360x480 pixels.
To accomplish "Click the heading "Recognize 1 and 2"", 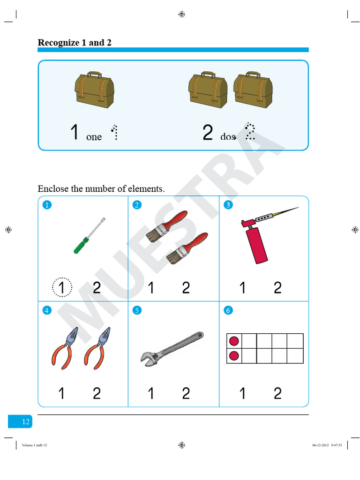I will [75, 43].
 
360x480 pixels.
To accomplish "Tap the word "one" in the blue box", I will [94, 137].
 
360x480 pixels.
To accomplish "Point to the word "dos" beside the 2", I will [228, 137].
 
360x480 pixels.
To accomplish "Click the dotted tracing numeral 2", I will [250, 132].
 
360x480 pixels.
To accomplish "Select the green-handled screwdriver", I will [88, 235].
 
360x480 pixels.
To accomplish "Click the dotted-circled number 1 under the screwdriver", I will [62, 287].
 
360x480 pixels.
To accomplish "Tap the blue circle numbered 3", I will [228, 204].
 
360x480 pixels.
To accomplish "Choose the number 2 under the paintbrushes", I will [186, 287].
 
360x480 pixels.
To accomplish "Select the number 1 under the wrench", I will [150, 393].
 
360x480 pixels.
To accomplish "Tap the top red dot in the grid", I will [233, 341].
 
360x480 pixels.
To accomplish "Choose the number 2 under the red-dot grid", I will [277, 393].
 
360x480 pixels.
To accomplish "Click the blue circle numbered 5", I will [137, 310].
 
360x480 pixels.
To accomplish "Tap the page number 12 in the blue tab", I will [26, 422].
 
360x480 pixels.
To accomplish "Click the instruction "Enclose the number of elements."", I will [101, 189].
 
